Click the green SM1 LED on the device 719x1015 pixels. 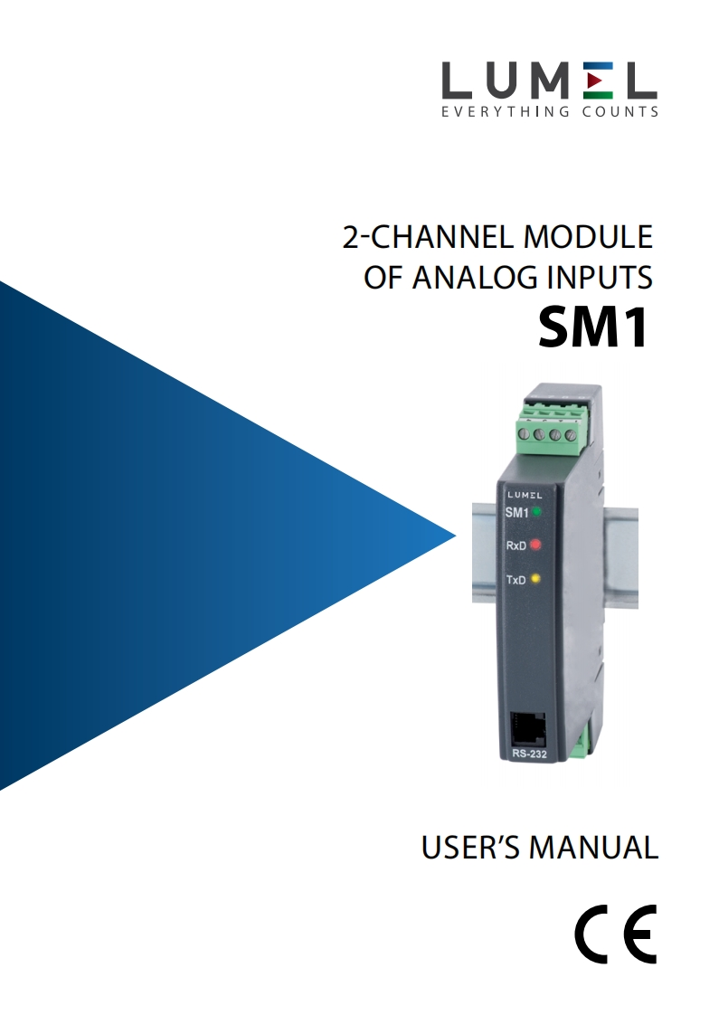[x=536, y=512]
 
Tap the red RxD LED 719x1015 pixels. [x=535, y=545]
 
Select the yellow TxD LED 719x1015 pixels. [x=535, y=578]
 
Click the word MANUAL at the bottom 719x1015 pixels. [x=593, y=848]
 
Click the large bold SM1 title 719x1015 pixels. [x=593, y=328]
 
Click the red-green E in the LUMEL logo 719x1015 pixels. [x=596, y=81]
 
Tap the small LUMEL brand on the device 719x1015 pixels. [x=525, y=495]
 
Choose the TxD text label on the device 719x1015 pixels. [x=515, y=580]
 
